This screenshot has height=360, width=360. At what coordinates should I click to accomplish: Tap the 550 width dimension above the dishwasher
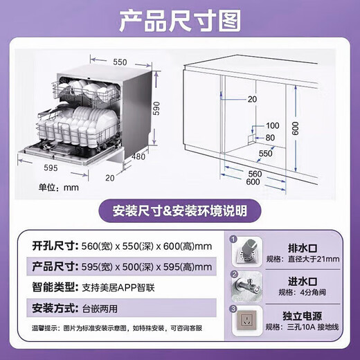(x=120, y=62)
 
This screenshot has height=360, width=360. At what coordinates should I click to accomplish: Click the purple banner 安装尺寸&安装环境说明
(x=179, y=210)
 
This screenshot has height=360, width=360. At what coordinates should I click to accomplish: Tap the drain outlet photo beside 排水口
(x=247, y=253)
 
